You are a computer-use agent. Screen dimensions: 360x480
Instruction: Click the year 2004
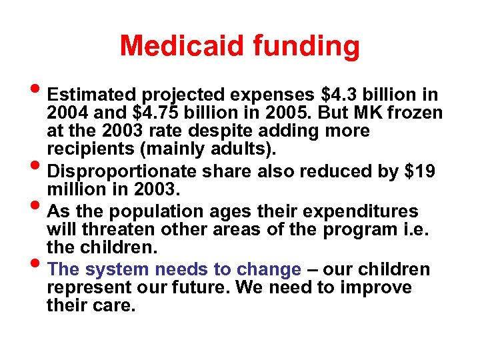click(65, 112)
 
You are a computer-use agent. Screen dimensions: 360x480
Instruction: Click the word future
click(203, 288)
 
